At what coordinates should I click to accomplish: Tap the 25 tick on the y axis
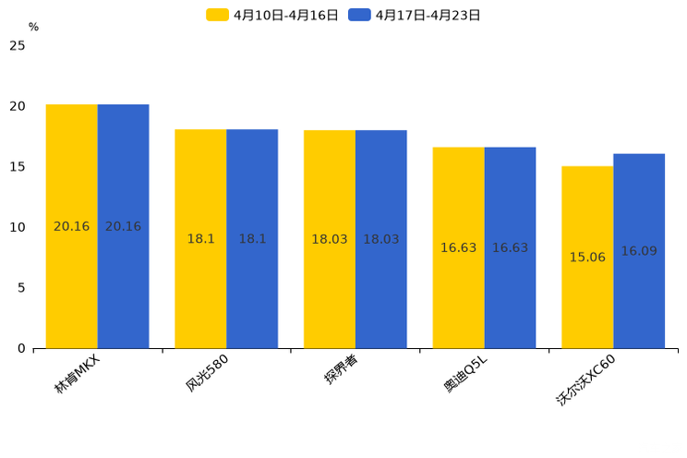coord(18,45)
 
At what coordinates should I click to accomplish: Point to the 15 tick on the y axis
coord(18,166)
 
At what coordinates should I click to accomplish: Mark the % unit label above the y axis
coord(33,27)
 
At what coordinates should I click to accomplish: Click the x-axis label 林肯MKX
coord(77,374)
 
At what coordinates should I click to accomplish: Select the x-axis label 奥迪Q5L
coord(465,374)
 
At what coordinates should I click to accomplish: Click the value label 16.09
coord(639,251)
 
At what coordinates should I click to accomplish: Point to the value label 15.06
coord(587,258)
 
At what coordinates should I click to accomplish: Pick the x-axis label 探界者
coord(341,370)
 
